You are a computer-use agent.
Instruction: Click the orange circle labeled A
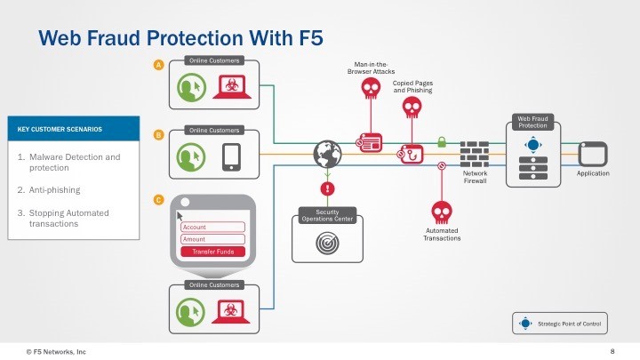tap(158, 66)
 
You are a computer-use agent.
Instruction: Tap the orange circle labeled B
tap(158, 135)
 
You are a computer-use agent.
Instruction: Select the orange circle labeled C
tap(158, 200)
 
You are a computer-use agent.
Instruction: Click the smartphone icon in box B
tap(231, 156)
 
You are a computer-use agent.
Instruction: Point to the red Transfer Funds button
tap(212, 252)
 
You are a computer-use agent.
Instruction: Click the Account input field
tap(212, 227)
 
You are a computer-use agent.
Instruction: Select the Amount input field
tap(212, 239)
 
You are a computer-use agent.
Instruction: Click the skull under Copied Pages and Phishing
tap(411, 108)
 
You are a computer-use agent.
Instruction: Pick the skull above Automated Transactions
tap(441, 212)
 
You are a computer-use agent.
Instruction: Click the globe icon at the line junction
tap(328, 154)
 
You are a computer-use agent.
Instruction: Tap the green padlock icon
tap(441, 141)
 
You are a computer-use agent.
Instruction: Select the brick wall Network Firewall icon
tap(475, 154)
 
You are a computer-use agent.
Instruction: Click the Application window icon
tap(592, 153)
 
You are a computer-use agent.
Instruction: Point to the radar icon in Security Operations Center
tap(328, 242)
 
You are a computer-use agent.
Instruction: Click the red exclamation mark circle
tap(328, 188)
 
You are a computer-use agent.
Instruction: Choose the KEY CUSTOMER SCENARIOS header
tap(72, 129)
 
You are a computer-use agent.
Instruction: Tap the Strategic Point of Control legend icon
tap(525, 324)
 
